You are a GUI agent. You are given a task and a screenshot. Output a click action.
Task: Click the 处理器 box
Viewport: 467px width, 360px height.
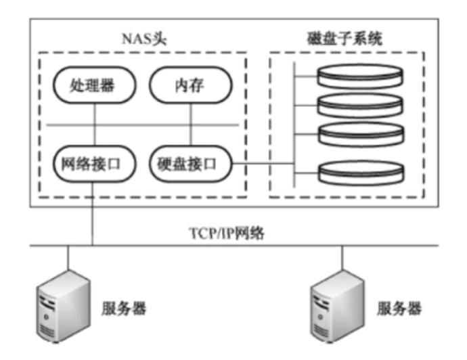[x=94, y=86]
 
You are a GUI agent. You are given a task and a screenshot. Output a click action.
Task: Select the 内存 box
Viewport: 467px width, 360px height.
[x=190, y=86]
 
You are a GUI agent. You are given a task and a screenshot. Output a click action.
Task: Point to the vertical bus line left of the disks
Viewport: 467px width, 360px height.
[x=294, y=122]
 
